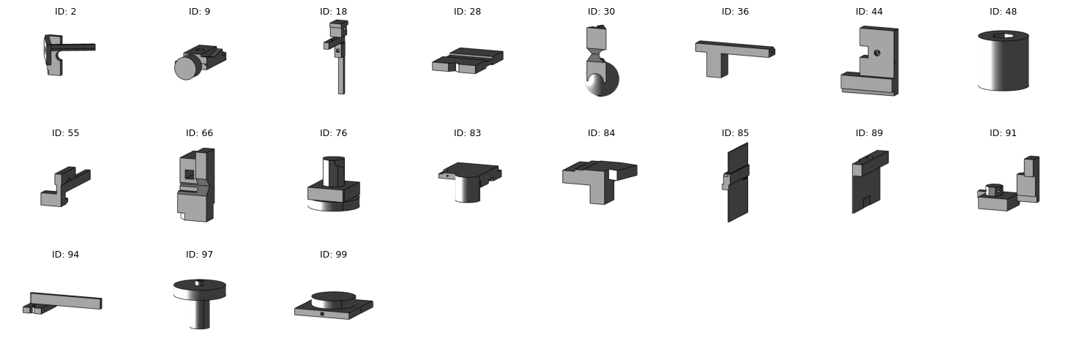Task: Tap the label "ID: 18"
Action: (333, 12)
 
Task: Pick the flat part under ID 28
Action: (467, 61)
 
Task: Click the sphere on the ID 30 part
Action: (607, 80)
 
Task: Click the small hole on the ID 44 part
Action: (877, 53)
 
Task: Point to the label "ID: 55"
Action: (66, 133)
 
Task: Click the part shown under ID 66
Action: (196, 187)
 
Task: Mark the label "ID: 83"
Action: (467, 133)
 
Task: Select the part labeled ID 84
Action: (598, 179)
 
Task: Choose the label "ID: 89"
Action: (869, 133)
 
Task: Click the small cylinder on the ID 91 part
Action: (993, 190)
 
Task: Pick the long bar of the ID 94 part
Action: (66, 300)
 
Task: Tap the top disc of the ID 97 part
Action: (199, 285)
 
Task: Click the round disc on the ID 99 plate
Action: (334, 299)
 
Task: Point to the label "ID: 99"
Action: (333, 255)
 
